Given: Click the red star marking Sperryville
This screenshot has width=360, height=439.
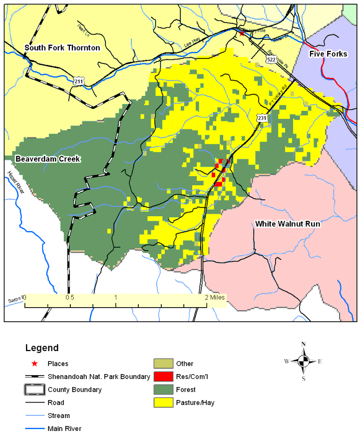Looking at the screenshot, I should click(x=242, y=33).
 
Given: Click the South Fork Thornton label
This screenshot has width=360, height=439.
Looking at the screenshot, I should click(x=62, y=48).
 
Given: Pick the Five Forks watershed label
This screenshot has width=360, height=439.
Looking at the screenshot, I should click(x=328, y=53).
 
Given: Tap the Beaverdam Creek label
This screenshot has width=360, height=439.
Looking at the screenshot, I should click(x=48, y=159).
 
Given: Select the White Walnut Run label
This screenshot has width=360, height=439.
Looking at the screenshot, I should click(x=288, y=224).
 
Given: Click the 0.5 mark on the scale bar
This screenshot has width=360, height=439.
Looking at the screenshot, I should click(x=70, y=297).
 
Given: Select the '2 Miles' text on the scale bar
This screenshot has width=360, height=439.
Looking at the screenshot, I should click(x=215, y=297).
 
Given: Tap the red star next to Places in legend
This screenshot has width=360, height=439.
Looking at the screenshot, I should click(x=34, y=364).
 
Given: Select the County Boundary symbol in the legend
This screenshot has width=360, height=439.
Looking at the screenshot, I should click(x=34, y=390).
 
